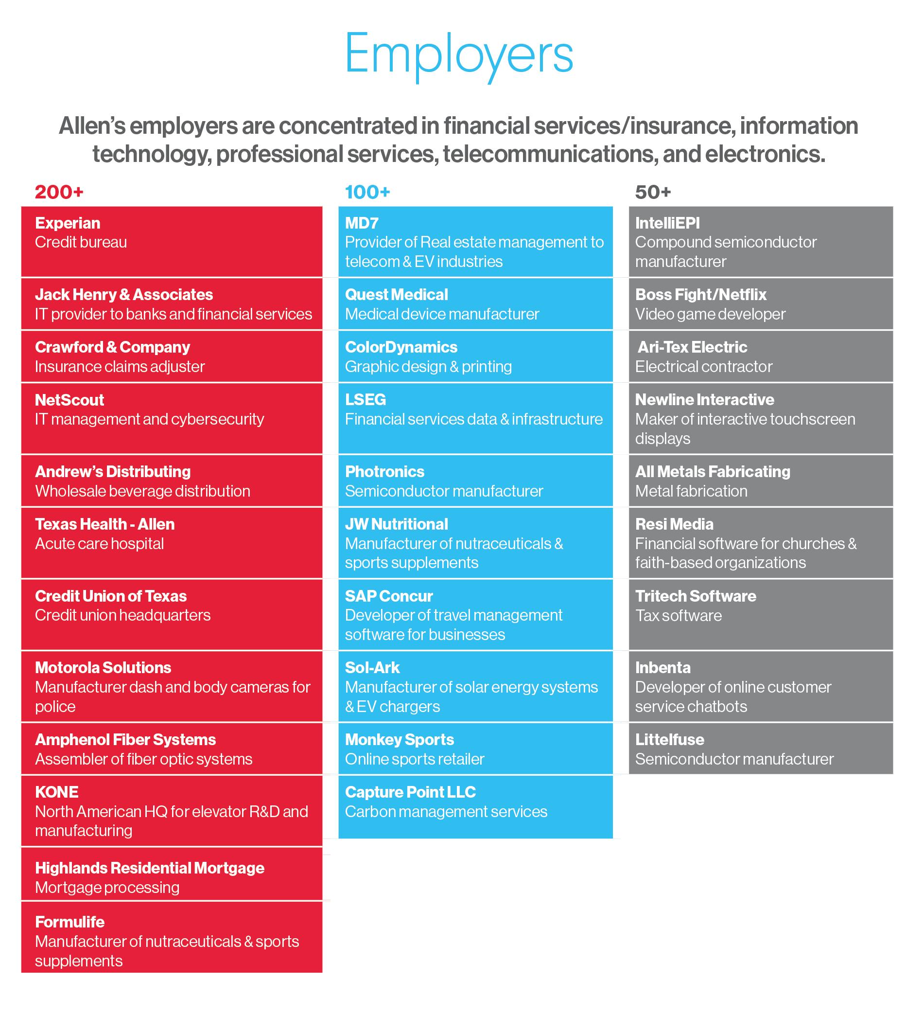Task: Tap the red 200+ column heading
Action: coord(59,192)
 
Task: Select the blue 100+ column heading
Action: coord(367,192)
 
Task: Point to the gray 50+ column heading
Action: coord(653,192)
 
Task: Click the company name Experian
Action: coord(68,223)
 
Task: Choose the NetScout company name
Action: coord(70,399)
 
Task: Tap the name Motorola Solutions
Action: coord(103,667)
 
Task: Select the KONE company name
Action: coord(57,792)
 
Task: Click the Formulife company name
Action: coord(70,922)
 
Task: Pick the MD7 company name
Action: coord(362,223)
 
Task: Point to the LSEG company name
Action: coord(366,399)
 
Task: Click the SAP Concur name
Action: coord(389,596)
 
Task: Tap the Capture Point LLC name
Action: coord(410,792)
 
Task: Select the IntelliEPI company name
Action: coord(667,223)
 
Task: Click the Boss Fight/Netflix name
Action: coord(700,294)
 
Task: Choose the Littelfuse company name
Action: coord(670,740)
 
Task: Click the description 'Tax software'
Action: coord(678,616)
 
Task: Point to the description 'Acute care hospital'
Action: coord(99,543)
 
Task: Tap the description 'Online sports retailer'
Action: coord(414,759)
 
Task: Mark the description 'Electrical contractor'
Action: coord(703,367)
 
